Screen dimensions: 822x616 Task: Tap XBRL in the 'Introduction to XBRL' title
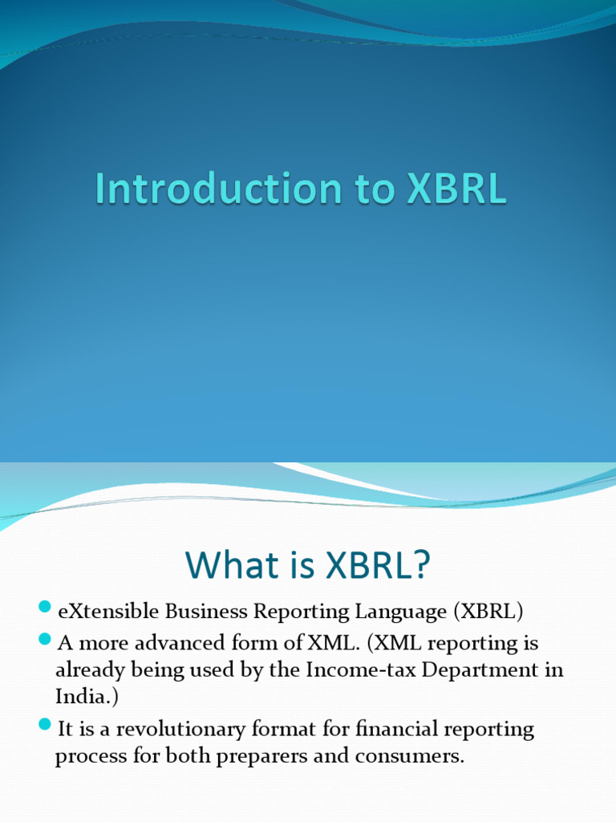[x=456, y=189]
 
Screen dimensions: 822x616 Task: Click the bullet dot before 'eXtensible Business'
[x=44, y=609]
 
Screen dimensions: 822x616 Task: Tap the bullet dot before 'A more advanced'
[x=44, y=640]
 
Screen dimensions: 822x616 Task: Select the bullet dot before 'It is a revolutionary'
[x=44, y=726]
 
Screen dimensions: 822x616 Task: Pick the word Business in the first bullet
[x=207, y=612]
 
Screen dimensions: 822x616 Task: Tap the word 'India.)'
[x=87, y=696]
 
